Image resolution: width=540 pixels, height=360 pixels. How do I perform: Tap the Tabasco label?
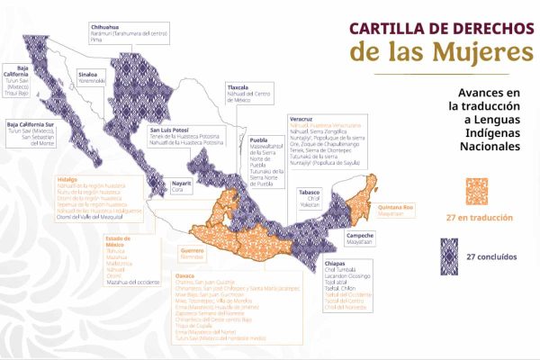point(310,192)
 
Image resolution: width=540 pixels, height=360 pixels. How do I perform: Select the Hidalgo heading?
point(67,178)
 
